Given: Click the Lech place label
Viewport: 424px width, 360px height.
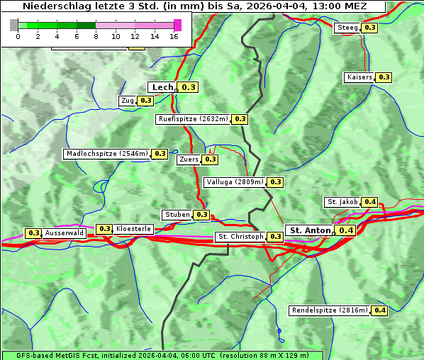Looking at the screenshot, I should pos(162,87).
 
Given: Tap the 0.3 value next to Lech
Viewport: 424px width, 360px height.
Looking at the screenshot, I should pos(188,87).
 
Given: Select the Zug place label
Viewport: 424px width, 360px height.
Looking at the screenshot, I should pos(128,101).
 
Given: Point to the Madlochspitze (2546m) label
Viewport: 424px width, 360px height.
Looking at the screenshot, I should pos(106,154).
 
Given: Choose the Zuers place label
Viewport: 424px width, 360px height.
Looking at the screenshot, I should pos(189,159).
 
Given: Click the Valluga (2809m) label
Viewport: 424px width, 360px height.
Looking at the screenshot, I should pos(235,182).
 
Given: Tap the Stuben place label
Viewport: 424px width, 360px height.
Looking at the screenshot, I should pos(177,215).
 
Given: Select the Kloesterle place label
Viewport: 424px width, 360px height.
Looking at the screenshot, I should pos(133,229).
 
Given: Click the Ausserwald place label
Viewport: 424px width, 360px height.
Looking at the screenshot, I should pos(65,233).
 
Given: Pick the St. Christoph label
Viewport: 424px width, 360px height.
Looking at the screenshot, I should pos(240,237).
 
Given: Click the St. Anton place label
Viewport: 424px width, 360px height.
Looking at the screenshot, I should pos(311,230).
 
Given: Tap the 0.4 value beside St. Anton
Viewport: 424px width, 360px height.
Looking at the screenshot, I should pos(346,230).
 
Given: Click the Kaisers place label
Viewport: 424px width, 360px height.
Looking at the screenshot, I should pos(359,77).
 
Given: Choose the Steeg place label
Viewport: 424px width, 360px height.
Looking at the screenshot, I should pos(347,28).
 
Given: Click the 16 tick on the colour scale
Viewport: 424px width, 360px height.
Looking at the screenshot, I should pos(174,36).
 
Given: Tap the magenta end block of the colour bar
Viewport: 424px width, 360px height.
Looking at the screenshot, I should pos(177,25).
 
